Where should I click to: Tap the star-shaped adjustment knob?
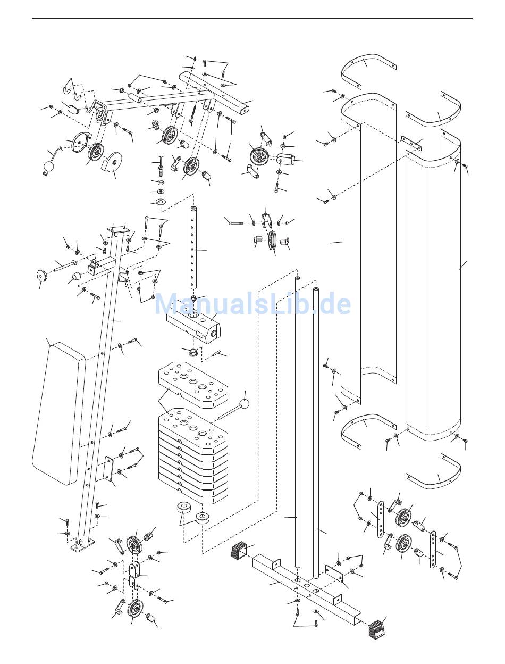pyautogui.click(x=41, y=275)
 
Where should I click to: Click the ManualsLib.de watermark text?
pyautogui.click(x=252, y=304)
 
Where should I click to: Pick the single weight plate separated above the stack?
pyautogui.click(x=193, y=384)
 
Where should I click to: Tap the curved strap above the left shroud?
pyautogui.click(x=369, y=71)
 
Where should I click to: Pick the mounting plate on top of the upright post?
pyautogui.click(x=116, y=230)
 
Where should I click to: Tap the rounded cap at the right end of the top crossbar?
pyautogui.click(x=244, y=109)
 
